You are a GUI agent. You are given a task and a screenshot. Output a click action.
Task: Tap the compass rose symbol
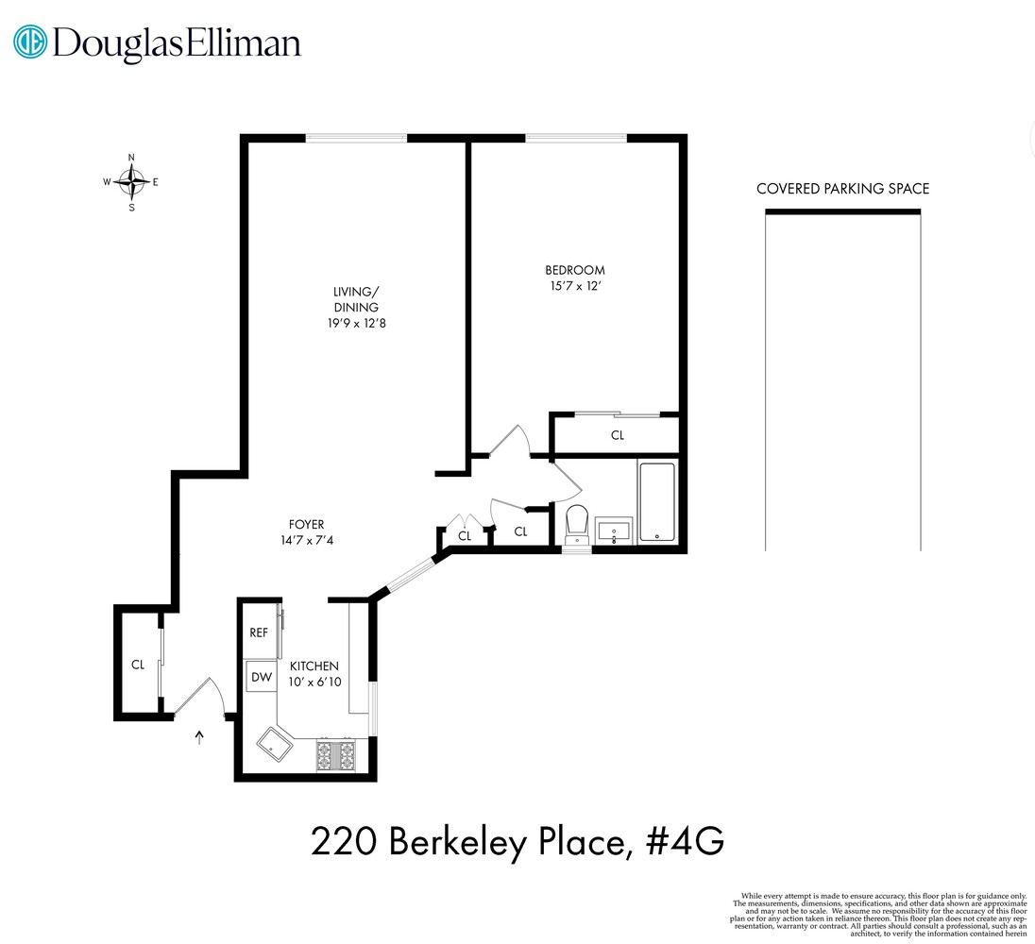click(131, 181)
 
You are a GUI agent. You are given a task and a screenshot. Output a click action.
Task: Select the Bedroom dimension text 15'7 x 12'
click(574, 286)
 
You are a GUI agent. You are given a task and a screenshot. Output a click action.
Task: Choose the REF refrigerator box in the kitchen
click(259, 632)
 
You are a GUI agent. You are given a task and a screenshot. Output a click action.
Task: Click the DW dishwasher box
click(259, 677)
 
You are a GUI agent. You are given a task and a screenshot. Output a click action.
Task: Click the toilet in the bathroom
click(576, 522)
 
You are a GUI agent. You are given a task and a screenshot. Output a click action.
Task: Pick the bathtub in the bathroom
click(657, 502)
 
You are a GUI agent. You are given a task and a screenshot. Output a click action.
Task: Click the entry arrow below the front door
click(198, 737)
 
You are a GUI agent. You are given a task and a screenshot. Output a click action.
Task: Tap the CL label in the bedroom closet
click(618, 436)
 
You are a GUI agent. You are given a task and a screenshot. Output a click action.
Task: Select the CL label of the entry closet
click(137, 665)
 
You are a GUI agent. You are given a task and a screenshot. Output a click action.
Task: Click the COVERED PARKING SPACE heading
click(842, 189)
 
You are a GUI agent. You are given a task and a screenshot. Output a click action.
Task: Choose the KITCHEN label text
click(314, 666)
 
